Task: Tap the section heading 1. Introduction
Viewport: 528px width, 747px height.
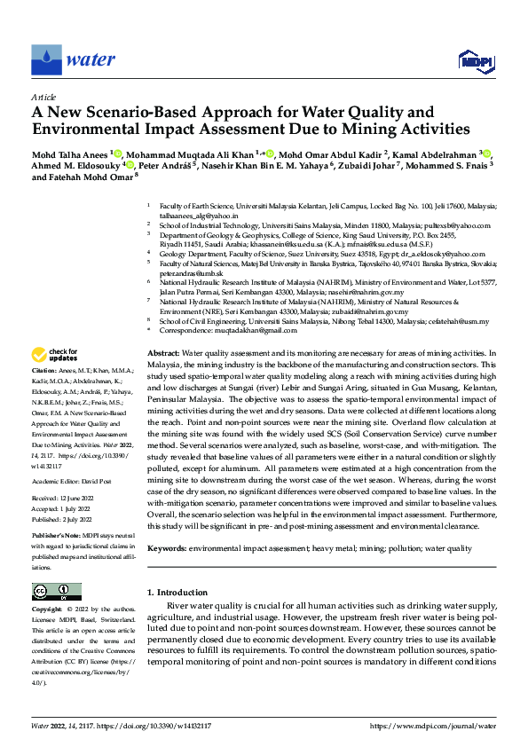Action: [176, 592]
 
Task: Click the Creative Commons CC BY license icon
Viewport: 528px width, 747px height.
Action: [56, 592]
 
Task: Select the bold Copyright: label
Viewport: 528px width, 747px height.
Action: [47, 609]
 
